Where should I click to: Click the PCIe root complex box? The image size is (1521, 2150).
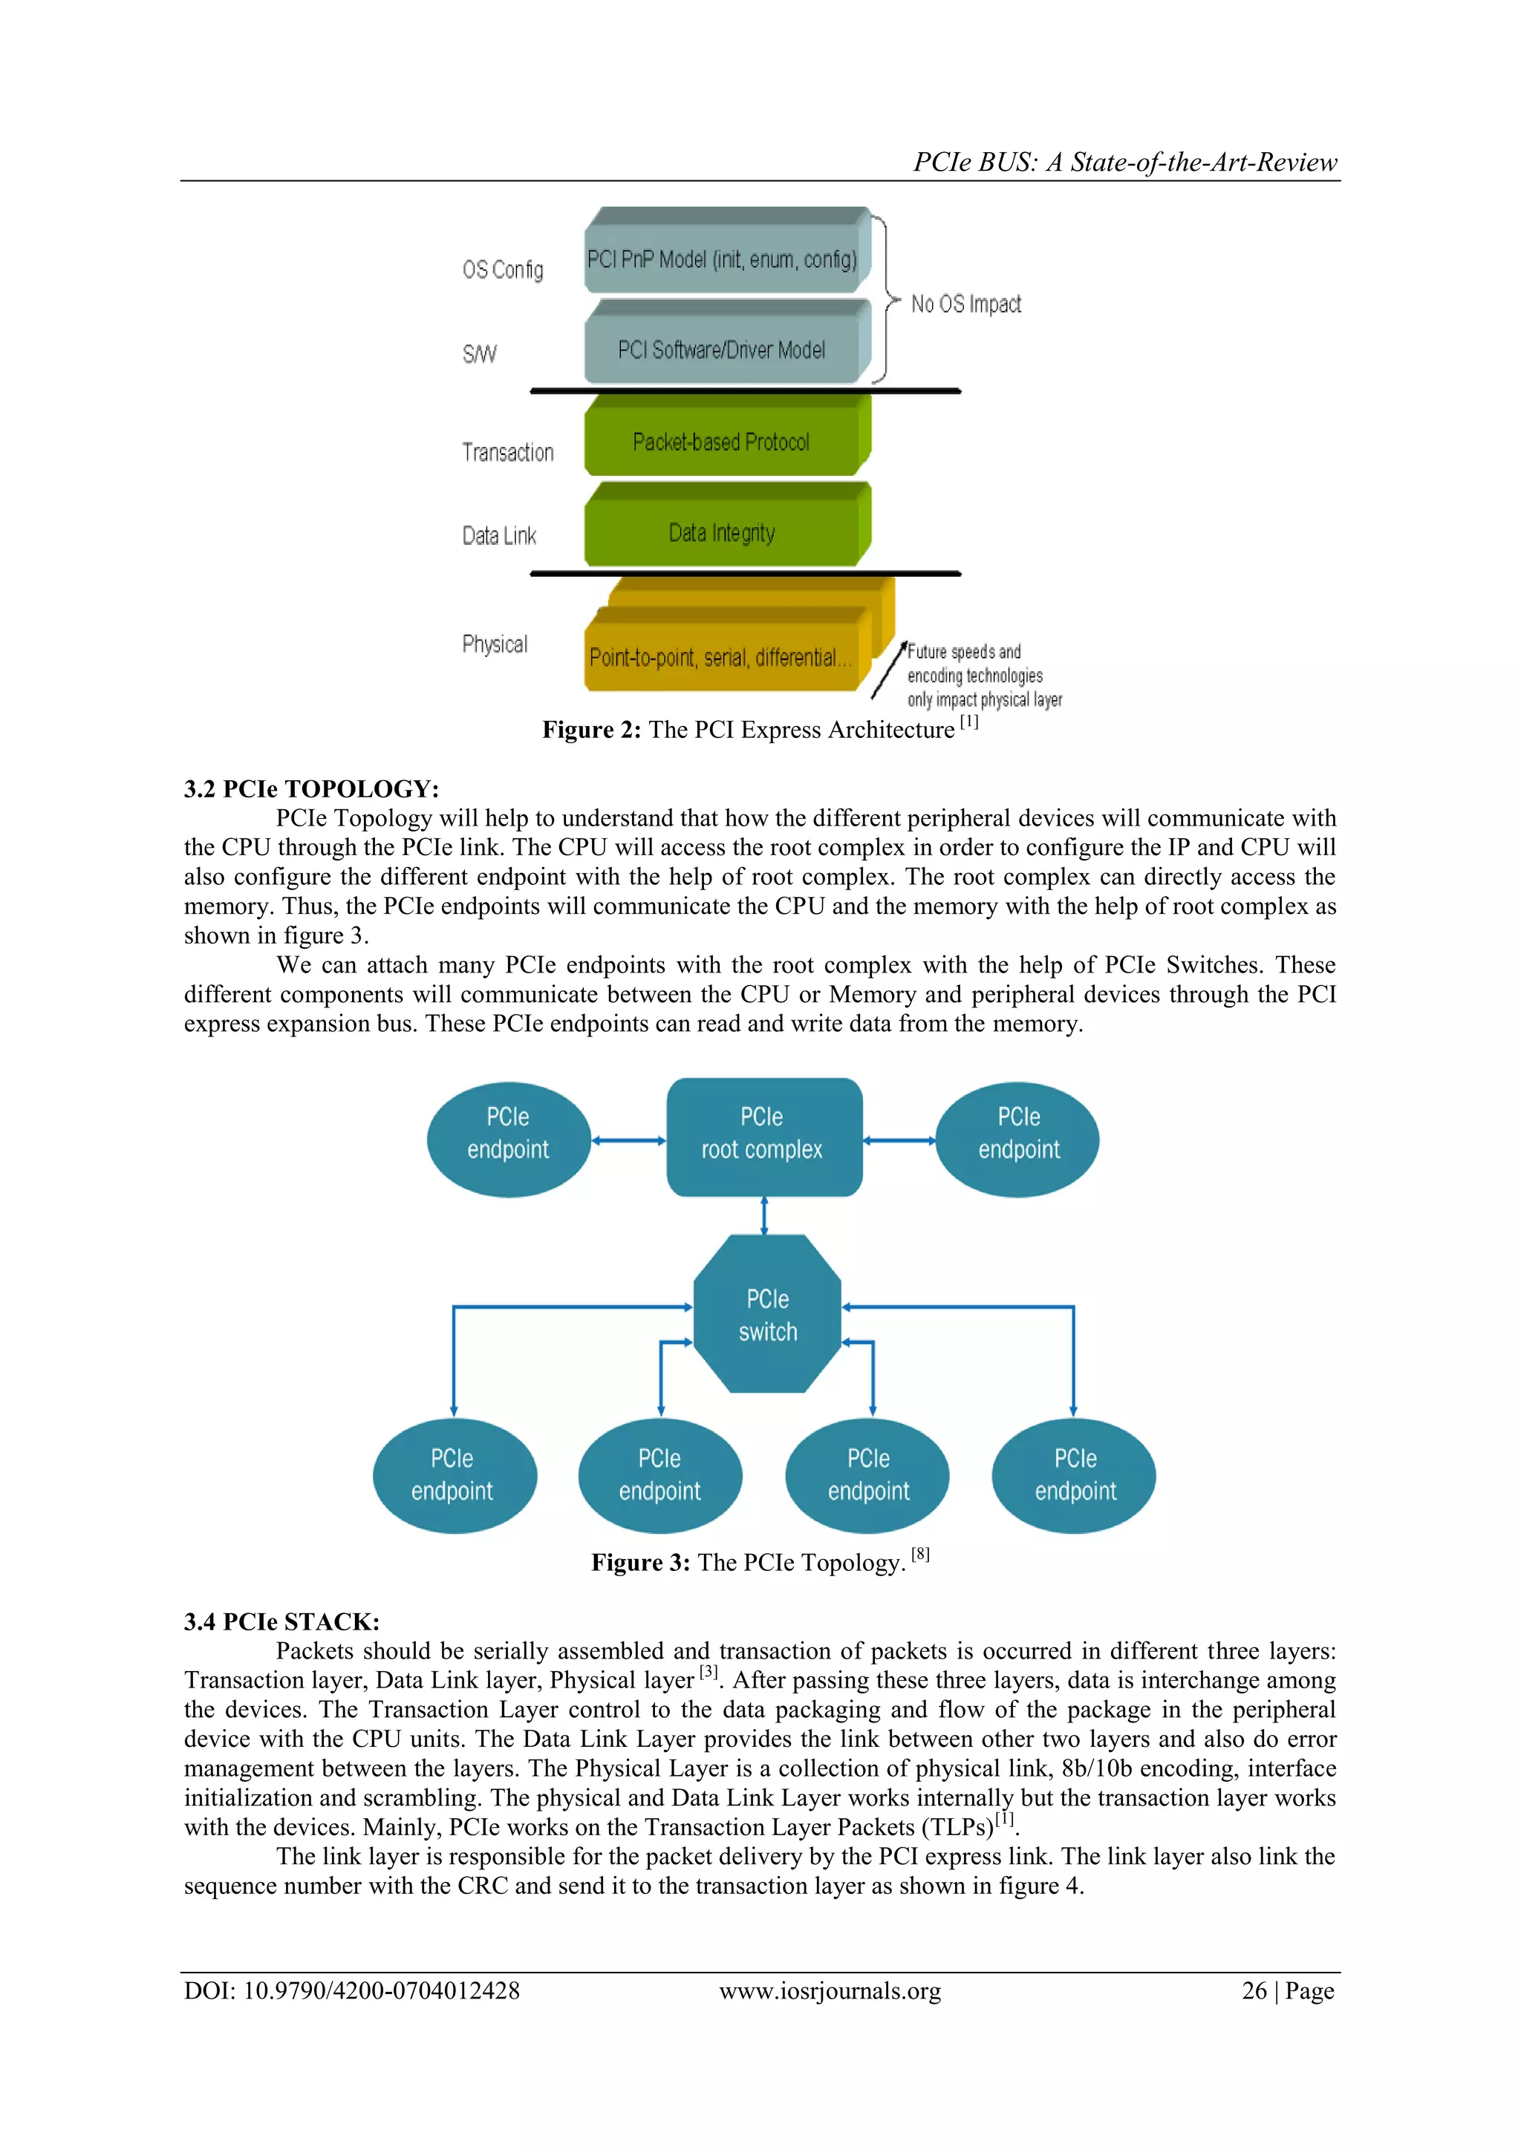[x=763, y=1136]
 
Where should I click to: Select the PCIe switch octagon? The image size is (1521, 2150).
[x=767, y=1314]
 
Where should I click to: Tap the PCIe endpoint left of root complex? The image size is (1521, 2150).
[x=509, y=1139]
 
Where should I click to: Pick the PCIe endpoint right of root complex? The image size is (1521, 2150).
[x=1018, y=1139]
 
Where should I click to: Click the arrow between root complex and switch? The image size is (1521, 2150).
[x=764, y=1215]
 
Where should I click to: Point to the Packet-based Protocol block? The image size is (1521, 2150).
[x=721, y=441]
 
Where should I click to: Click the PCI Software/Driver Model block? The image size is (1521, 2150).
[x=721, y=349]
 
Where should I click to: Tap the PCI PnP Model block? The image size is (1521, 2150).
[x=721, y=258]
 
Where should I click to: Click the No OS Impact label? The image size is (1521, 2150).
[x=965, y=304]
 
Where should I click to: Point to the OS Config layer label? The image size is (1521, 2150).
[x=502, y=269]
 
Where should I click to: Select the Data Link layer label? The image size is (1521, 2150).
[x=498, y=535]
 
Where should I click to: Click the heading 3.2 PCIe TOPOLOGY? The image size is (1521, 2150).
[x=311, y=788]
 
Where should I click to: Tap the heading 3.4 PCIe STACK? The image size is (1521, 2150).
[x=281, y=1621]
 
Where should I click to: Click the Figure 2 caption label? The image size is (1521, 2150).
[x=591, y=730]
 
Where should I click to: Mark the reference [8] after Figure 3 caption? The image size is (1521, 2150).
[x=921, y=1555]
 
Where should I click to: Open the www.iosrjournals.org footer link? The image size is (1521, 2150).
[x=830, y=1991]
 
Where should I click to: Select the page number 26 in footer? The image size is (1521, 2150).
[x=1254, y=1991]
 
